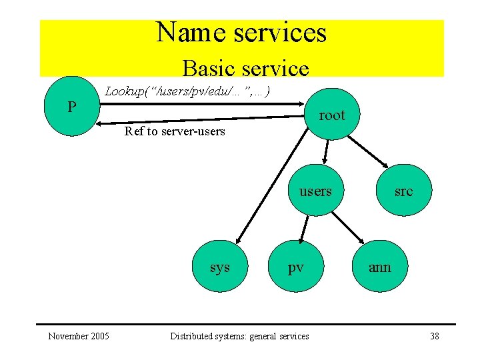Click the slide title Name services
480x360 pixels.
tap(241, 33)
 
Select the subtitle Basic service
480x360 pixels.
tap(245, 68)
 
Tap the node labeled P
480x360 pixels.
tap(71, 107)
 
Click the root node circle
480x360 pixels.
tap(331, 115)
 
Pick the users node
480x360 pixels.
tap(315, 191)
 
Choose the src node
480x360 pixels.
tap(403, 191)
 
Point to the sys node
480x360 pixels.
tap(219, 267)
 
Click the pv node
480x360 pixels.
tap(295, 267)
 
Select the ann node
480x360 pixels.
tap(380, 267)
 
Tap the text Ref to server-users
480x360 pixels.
tap(175, 131)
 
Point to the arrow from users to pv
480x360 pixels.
tap(304, 230)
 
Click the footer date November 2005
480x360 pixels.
tap(79, 336)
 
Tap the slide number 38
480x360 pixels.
tap(434, 336)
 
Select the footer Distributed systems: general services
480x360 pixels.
tap(239, 336)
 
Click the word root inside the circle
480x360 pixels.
tap(332, 115)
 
